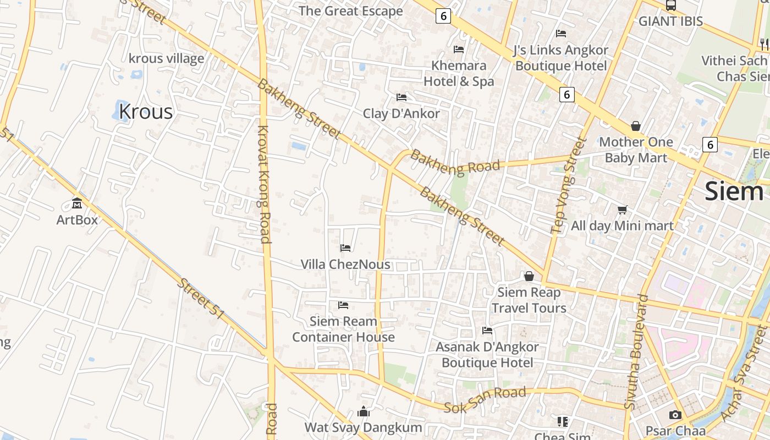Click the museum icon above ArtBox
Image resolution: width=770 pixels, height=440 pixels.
tap(77, 204)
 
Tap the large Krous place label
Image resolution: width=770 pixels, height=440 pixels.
tap(146, 112)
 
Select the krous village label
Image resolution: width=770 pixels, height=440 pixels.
tap(166, 58)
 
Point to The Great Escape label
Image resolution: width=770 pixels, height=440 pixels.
tap(351, 11)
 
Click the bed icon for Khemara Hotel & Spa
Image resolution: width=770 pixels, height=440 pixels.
tap(459, 50)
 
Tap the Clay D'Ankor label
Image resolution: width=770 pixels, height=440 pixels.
tap(402, 113)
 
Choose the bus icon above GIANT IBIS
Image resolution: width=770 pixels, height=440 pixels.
tap(670, 5)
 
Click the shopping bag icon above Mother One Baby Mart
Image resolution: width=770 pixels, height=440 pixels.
tap(636, 126)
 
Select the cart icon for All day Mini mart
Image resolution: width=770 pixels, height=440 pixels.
tap(622, 210)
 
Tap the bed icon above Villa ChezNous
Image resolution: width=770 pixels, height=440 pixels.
tap(345, 248)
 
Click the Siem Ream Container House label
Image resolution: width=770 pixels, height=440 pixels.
tap(343, 329)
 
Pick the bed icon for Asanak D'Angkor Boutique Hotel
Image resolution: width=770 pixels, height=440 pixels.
tap(487, 331)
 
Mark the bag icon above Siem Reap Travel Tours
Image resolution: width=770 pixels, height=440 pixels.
tap(529, 276)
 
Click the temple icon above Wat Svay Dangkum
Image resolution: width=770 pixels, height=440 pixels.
tap(364, 411)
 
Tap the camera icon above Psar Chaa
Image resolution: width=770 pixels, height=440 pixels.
tap(675, 415)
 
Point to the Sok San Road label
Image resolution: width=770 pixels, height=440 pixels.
tap(485, 400)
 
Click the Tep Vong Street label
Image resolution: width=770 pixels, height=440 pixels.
tap(566, 185)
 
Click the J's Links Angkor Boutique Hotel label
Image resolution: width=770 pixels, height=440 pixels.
tap(560, 58)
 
